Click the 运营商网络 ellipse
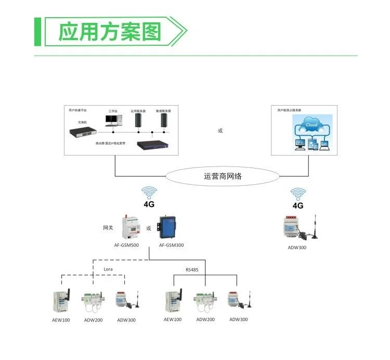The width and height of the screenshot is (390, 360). (223, 176)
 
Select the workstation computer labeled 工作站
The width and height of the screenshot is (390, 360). (113, 121)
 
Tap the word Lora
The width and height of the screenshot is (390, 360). (108, 269)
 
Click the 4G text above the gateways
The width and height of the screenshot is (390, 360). (149, 205)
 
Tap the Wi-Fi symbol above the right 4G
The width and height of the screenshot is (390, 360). (298, 194)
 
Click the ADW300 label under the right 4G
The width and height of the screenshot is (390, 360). (297, 248)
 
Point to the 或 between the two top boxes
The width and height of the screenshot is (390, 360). (220, 131)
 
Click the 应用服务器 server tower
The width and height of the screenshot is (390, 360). (138, 120)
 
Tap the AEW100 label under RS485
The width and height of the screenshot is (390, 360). (173, 319)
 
